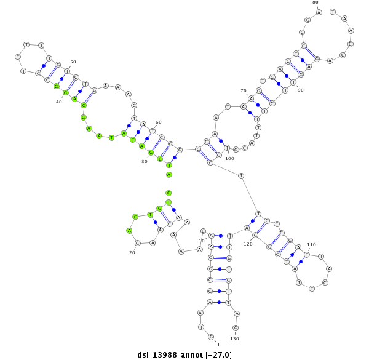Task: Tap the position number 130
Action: pyautogui.click(x=234, y=339)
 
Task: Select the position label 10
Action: pyautogui.click(x=202, y=241)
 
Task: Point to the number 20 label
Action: pyautogui.click(x=132, y=252)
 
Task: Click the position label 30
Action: pyautogui.click(x=145, y=162)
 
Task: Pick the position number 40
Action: pyautogui.click(x=59, y=102)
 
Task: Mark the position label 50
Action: pyautogui.click(x=73, y=62)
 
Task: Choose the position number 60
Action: pyautogui.click(x=159, y=122)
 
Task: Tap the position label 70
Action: pyautogui.click(x=244, y=91)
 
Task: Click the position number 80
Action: pyautogui.click(x=315, y=2)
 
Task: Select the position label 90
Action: pyautogui.click(x=300, y=90)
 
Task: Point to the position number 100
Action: pyautogui.click(x=229, y=159)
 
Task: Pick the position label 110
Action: pyautogui.click(x=311, y=244)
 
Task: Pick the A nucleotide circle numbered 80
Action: pyautogui.click(x=319, y=12)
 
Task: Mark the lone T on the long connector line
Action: pyautogui.click(x=241, y=176)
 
